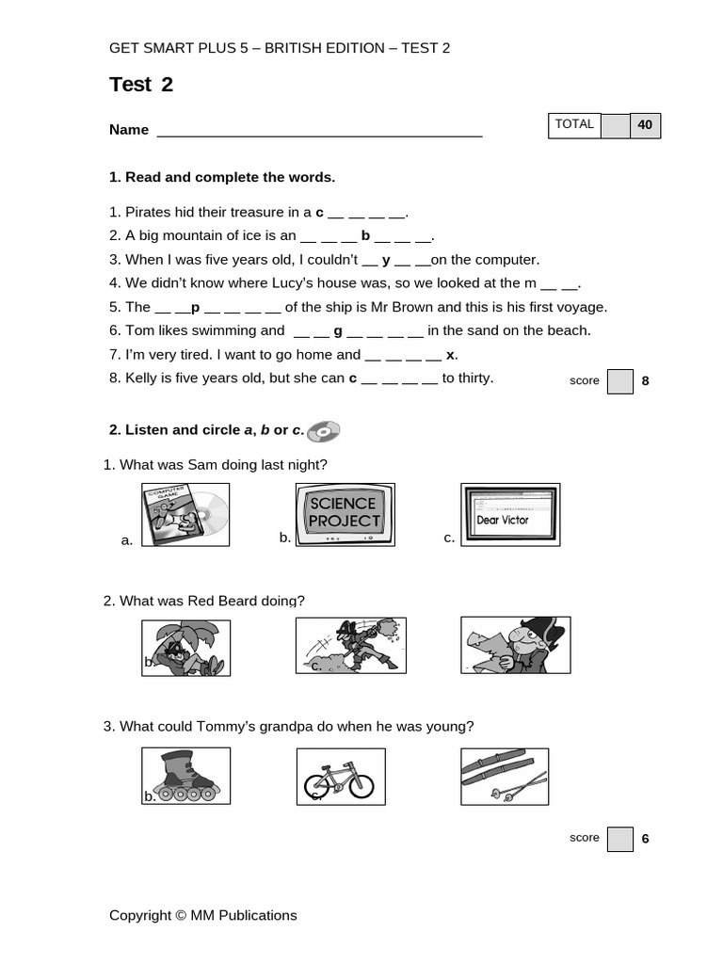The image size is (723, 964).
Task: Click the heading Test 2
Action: click(141, 85)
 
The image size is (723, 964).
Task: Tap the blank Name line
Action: click(319, 131)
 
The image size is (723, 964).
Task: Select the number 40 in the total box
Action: click(645, 125)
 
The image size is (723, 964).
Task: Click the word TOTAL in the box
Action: click(574, 124)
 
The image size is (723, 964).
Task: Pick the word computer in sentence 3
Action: click(507, 260)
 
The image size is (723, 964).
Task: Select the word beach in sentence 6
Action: click(570, 330)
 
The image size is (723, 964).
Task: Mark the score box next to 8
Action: click(620, 381)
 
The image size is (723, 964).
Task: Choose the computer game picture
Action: click(185, 515)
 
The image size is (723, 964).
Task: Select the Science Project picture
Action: click(345, 514)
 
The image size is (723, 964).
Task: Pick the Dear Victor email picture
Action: click(509, 514)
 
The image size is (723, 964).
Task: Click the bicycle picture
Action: click(340, 777)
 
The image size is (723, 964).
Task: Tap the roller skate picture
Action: click(185, 776)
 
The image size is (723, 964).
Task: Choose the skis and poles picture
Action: click(505, 776)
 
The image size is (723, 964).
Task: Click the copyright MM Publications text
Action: click(202, 915)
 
